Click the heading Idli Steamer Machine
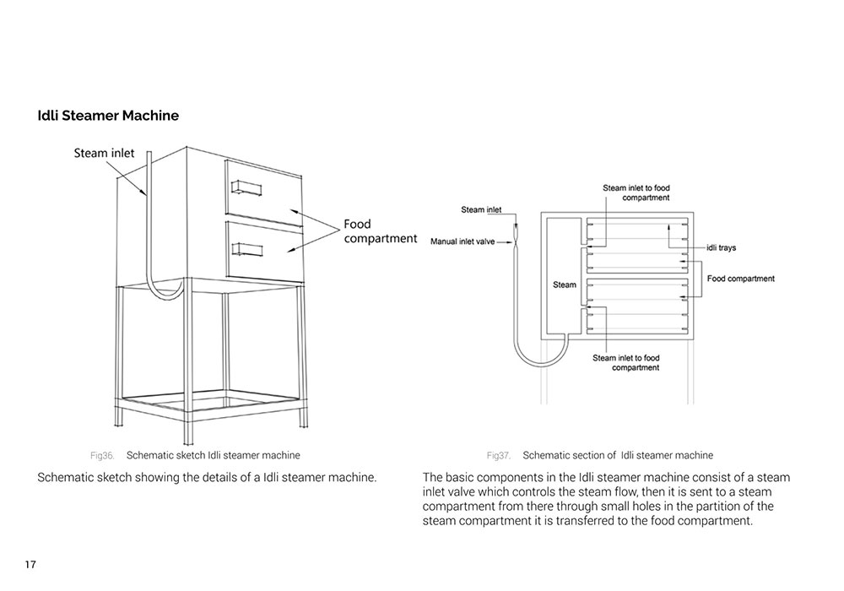108,116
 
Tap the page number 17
30,564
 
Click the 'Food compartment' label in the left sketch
379,231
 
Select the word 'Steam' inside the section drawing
565,285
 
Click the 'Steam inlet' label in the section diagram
481,209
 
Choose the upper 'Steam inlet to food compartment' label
636,192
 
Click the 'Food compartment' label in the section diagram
740,279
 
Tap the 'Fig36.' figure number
101,455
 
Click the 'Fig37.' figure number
498,455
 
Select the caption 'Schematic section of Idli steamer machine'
618,455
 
